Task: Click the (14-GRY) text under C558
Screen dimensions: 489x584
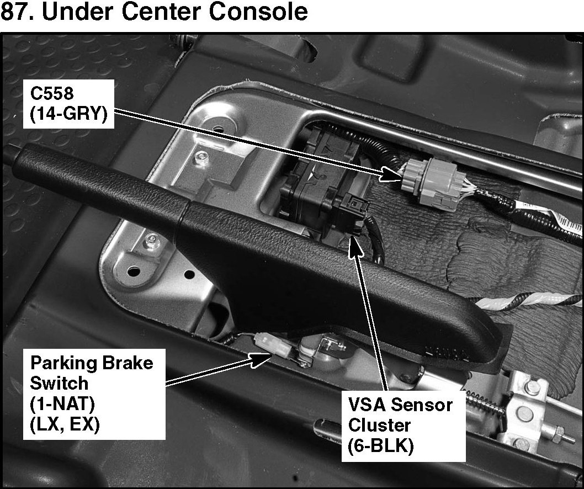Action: click(68, 115)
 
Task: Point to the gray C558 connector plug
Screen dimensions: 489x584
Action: click(418, 176)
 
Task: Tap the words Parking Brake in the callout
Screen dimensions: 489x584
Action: click(91, 363)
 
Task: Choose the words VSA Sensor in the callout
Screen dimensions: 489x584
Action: click(400, 405)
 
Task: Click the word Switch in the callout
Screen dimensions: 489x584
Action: click(59, 383)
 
